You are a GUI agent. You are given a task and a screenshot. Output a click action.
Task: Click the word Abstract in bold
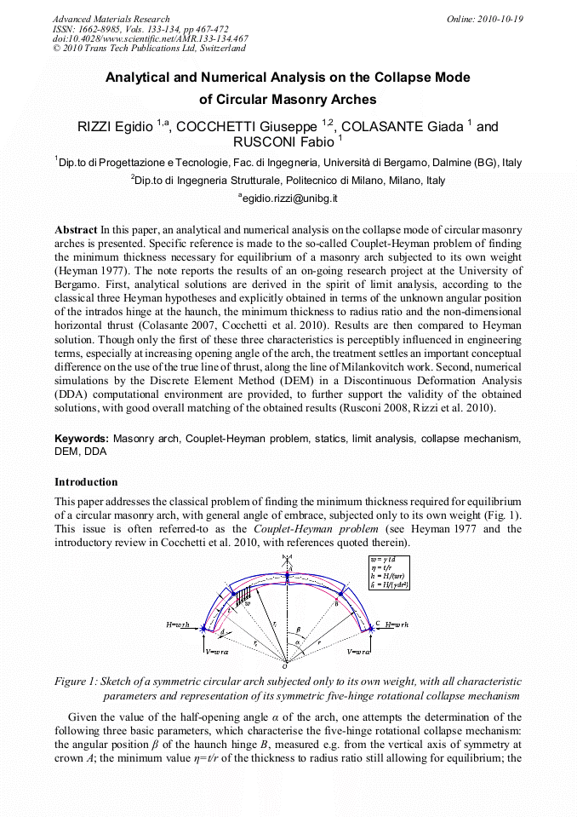76,230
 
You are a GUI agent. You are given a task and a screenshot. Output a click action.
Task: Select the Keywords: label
82,439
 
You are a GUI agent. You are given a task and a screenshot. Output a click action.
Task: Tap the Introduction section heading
86,481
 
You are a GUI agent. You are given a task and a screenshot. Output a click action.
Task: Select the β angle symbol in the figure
298,630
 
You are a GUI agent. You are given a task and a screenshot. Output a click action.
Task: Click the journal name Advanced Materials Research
111,19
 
